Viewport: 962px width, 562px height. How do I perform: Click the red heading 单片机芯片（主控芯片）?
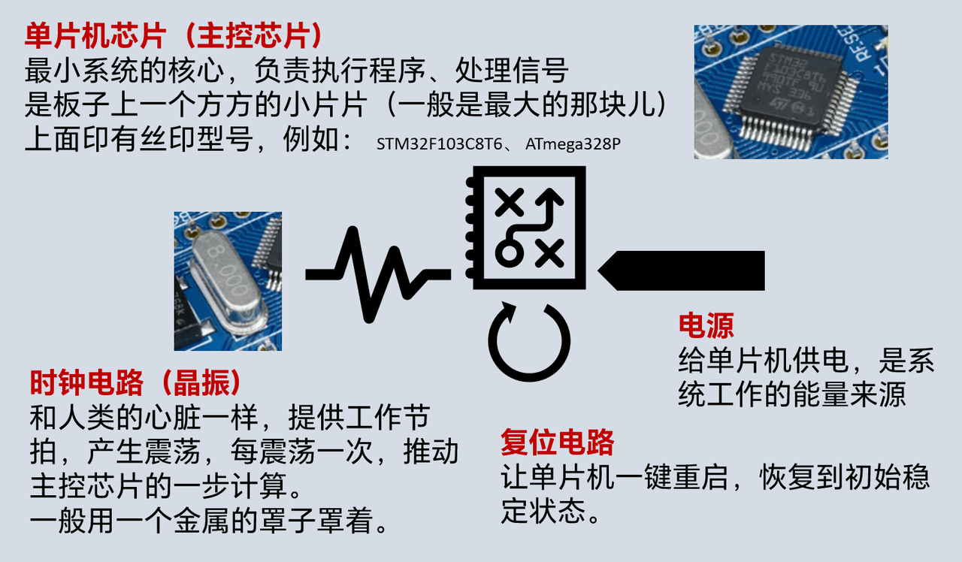coord(174,36)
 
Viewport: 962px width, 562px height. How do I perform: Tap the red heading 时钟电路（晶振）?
coord(136,382)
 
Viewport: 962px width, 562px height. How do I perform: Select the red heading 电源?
coord(706,326)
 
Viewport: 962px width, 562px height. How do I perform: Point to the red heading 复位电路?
coord(558,442)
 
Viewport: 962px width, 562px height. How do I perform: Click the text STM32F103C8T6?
coord(440,144)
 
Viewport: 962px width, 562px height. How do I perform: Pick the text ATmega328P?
coord(573,144)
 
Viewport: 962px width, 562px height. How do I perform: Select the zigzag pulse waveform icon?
coord(378,275)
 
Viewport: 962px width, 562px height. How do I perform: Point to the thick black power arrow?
coord(681,271)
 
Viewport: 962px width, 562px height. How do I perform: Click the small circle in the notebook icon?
coord(510,252)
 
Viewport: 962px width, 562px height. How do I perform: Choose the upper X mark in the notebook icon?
coord(510,202)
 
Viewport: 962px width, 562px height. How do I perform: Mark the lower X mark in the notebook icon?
coord(549,253)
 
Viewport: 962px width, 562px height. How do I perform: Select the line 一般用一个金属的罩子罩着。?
coord(210,521)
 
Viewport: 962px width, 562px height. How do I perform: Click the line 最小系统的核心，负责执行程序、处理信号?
coord(296,71)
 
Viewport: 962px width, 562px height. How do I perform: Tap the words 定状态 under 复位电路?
coord(543,511)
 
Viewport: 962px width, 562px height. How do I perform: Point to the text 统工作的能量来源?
coord(792,394)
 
